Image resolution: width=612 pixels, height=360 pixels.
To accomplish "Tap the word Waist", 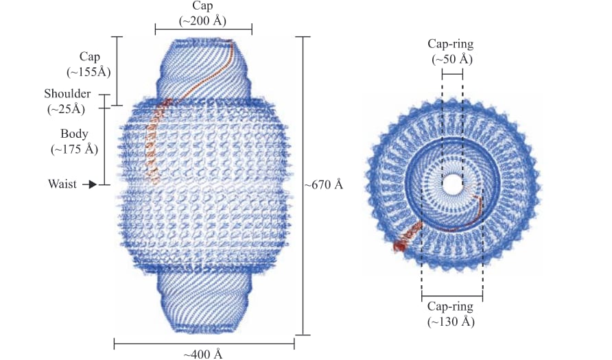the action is point(62,184).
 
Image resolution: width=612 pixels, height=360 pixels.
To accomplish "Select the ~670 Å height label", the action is point(324,184).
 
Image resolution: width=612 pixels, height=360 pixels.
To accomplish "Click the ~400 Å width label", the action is point(203,354).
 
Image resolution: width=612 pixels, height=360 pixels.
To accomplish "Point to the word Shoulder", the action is point(67,94).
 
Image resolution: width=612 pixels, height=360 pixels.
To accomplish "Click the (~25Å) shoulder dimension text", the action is point(67,110).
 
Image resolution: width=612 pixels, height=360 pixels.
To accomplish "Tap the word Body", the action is point(74,134).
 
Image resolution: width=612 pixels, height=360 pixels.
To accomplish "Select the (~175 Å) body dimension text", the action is point(74,149).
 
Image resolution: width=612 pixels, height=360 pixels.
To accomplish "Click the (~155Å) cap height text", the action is point(89,72).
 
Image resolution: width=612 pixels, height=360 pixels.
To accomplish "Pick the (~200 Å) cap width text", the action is point(202,21).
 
